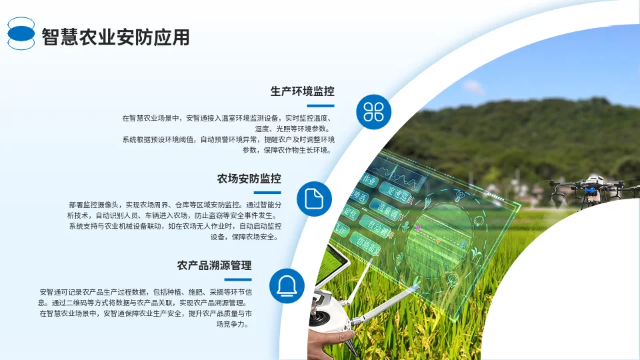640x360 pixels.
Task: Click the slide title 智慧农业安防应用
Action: coord(115,37)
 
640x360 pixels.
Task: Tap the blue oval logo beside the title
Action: coord(21,33)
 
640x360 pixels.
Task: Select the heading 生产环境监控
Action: coord(302,92)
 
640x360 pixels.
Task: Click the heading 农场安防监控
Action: coord(249,179)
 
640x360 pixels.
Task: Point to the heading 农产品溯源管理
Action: coord(214,265)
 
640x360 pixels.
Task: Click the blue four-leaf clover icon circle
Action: coord(373,111)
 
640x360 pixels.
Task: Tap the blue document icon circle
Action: coord(314,199)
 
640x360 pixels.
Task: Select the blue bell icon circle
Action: coord(287,285)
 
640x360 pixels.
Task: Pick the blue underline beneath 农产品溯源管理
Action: coord(228,279)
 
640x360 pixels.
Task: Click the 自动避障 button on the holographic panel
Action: coord(380,231)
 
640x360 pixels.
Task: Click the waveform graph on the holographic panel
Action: coord(407,177)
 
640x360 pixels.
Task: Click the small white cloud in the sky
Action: coord(473,87)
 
